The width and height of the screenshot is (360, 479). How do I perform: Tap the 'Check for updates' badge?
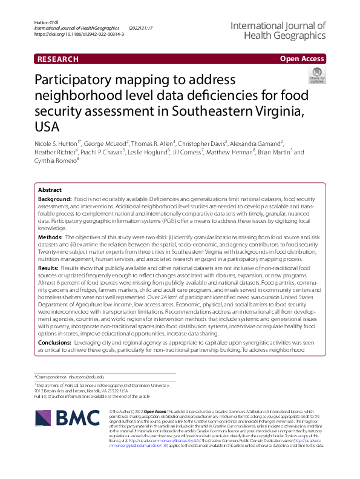coord(316,76)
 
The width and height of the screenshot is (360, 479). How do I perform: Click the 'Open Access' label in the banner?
coord(303,59)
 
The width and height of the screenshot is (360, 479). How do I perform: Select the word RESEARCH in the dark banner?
coord(58,59)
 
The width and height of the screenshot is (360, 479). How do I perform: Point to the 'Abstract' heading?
coord(50,190)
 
